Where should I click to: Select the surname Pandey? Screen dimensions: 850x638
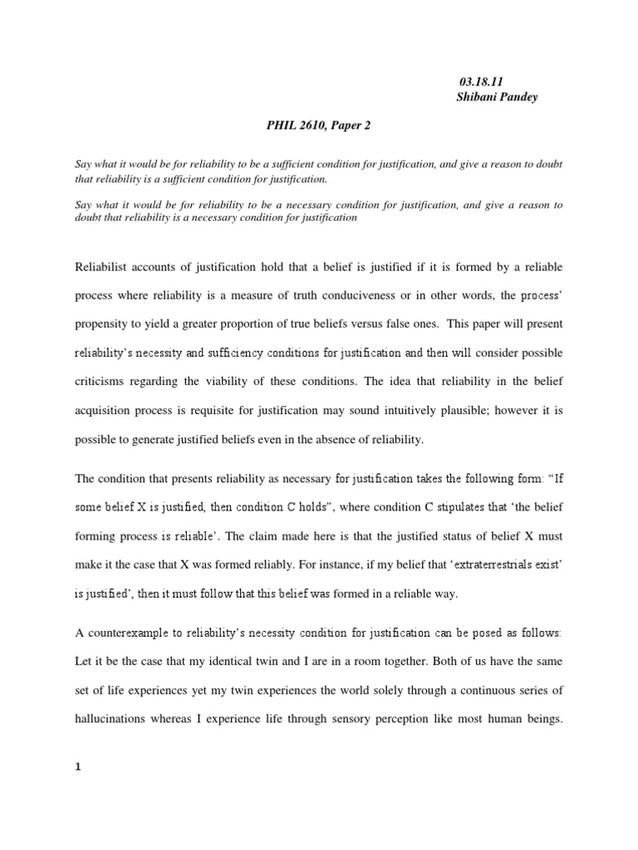pos(519,96)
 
